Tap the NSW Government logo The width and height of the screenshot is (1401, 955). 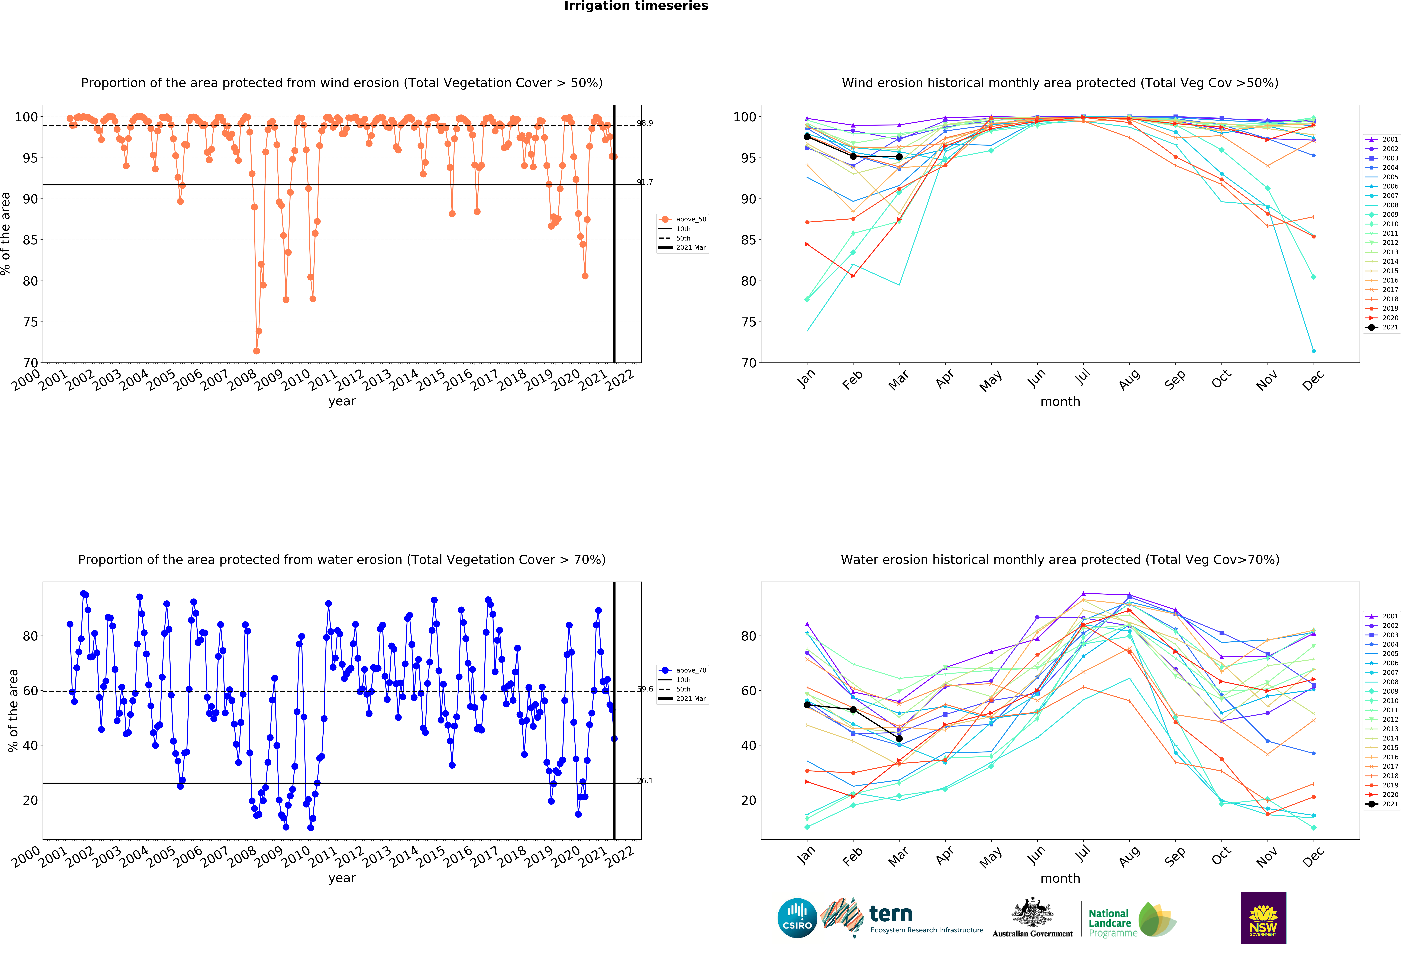point(1263,918)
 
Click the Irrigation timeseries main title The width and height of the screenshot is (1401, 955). point(636,6)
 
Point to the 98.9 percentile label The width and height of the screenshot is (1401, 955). point(644,123)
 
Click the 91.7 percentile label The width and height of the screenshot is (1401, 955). point(644,182)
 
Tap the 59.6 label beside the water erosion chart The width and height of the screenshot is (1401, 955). point(644,689)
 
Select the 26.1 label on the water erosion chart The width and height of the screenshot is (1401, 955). point(644,781)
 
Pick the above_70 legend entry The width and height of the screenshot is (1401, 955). point(682,670)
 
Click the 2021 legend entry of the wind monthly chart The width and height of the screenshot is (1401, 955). point(1382,327)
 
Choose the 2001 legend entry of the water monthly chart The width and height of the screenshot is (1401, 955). point(1382,616)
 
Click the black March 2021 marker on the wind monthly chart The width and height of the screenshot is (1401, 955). point(899,157)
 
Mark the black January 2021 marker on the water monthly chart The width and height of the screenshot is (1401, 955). point(807,705)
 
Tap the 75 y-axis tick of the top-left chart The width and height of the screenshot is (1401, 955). point(30,322)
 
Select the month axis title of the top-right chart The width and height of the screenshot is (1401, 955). point(1060,401)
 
